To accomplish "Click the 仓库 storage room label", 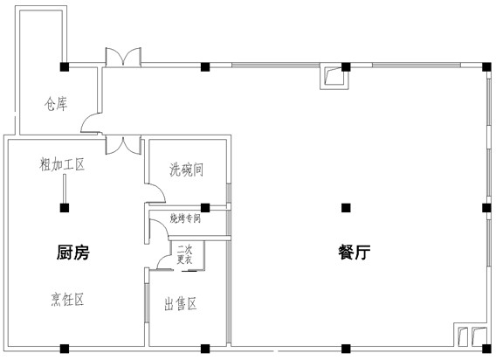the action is [56, 104].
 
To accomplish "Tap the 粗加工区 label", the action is [62, 164].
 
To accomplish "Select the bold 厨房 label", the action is [73, 253].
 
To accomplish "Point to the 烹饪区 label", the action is [67, 300].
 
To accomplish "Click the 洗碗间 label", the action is [186, 170].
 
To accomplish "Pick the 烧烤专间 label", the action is [185, 218].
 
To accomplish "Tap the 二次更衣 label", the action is [185, 254].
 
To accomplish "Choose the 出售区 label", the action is [181, 304].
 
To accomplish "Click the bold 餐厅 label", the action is [355, 253].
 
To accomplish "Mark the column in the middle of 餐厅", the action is [346, 208].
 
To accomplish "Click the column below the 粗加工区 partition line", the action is [65, 208].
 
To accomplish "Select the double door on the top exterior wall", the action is [123, 57].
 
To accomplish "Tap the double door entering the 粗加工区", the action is [123, 145].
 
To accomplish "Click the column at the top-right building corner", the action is [486, 66].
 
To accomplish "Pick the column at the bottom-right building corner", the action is [486, 349].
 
